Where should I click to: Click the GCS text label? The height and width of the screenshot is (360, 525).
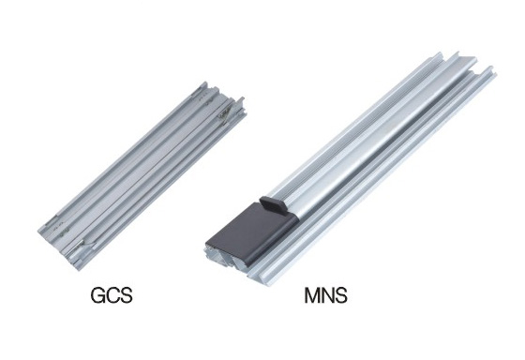point(112,295)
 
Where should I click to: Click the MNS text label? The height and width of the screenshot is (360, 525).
point(325,295)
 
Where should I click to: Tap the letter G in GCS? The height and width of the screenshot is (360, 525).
point(98,295)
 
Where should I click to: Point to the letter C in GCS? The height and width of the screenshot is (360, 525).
point(112,295)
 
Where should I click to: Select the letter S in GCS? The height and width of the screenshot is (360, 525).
point(127,295)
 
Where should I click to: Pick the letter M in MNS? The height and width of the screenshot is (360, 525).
point(311,295)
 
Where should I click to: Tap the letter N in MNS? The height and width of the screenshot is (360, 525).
point(327,295)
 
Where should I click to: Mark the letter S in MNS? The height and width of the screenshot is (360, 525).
point(341,295)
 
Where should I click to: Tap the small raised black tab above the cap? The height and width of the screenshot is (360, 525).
point(273,204)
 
